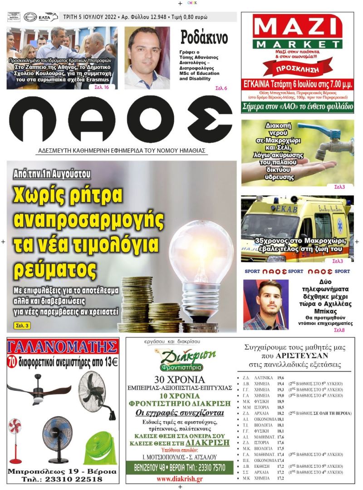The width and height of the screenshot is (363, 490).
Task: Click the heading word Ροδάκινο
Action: pos(204,39)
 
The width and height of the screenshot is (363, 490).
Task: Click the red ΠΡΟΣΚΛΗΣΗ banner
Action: pos(297,69)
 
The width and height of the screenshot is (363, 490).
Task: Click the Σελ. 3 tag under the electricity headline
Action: pos(20,325)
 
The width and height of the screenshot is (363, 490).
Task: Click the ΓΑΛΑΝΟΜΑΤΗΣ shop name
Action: pos(64,348)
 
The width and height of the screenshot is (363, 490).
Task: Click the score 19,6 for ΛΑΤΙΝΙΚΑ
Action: pos(281,377)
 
